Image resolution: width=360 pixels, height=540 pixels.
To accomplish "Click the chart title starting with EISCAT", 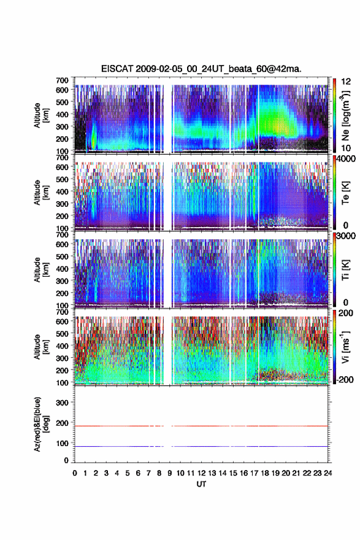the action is click(201, 69).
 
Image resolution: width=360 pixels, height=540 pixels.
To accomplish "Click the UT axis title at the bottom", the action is click(201, 484).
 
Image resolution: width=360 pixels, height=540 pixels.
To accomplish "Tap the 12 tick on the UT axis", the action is click(202, 473).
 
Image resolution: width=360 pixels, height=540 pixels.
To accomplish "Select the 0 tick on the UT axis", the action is click(75, 473).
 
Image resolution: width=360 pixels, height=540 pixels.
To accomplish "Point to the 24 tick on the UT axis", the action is click(328, 473).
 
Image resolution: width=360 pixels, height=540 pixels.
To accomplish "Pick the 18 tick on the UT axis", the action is click(265, 473).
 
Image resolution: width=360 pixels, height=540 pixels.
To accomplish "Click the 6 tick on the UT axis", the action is click(138, 473).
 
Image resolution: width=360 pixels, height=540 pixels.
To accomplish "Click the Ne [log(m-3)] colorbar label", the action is click(346, 115).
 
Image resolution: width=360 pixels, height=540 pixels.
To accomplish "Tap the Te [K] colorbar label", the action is click(345, 193).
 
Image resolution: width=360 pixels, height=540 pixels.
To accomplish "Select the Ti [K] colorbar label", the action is click(345, 270).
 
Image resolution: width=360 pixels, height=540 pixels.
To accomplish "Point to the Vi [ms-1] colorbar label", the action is click(345, 347).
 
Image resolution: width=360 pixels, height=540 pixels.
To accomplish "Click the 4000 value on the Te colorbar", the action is click(347, 159).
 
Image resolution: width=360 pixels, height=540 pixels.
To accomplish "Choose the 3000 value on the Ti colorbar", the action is click(347, 236).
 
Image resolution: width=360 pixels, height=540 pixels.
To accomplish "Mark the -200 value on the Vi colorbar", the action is click(345, 379).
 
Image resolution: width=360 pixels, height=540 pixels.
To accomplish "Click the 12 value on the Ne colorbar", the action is click(347, 82).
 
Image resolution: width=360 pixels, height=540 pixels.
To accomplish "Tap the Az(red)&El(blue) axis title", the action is click(40, 424).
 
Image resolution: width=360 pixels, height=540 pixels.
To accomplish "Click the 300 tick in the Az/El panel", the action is click(62, 403).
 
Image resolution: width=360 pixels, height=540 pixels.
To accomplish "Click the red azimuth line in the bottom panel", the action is click(201, 426).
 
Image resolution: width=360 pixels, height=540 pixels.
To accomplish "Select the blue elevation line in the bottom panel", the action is click(201, 446).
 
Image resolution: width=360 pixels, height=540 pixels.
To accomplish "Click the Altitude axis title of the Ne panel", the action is click(40, 115).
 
